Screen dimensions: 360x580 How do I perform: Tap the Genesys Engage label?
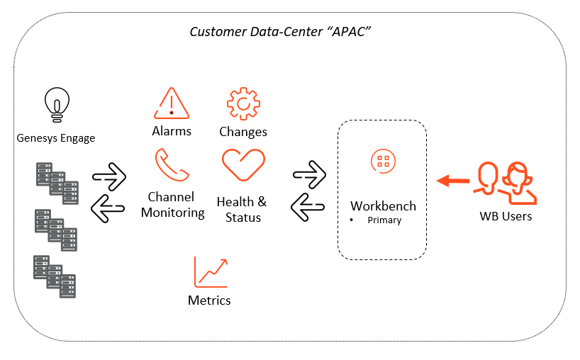(x=55, y=138)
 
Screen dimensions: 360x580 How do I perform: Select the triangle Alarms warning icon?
(x=172, y=103)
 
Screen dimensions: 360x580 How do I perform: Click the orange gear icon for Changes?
(x=242, y=103)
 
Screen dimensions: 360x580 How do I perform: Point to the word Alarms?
(x=172, y=131)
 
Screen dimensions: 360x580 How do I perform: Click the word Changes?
(x=243, y=132)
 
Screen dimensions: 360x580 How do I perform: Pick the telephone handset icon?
(x=172, y=165)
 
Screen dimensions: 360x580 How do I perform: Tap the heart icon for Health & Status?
(x=242, y=165)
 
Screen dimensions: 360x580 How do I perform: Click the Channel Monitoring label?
(x=172, y=204)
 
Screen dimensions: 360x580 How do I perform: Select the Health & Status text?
(x=242, y=210)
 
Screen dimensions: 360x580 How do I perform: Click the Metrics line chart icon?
(x=211, y=272)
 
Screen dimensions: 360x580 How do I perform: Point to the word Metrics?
(x=209, y=300)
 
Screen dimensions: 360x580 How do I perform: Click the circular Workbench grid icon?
(x=383, y=160)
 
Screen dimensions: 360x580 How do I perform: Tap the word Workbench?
(x=383, y=206)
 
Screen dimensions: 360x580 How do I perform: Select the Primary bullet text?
(x=384, y=220)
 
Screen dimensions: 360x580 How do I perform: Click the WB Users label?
(x=506, y=215)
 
